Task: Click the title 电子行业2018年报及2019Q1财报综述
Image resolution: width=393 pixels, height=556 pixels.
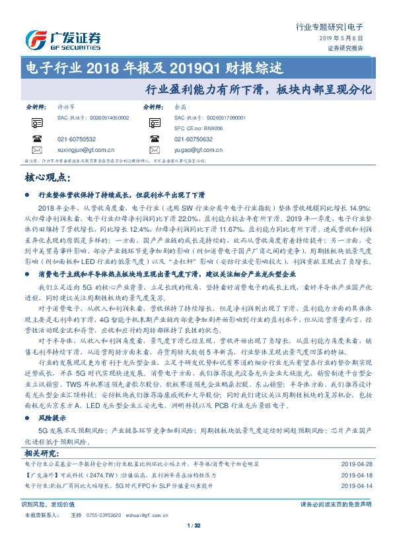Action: point(153,67)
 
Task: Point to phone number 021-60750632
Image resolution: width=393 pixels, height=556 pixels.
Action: point(194,139)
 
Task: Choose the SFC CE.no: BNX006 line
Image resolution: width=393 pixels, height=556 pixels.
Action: point(199,127)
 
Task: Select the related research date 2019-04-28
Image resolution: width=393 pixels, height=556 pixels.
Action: point(357,465)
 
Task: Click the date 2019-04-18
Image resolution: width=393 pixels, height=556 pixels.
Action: point(357,475)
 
